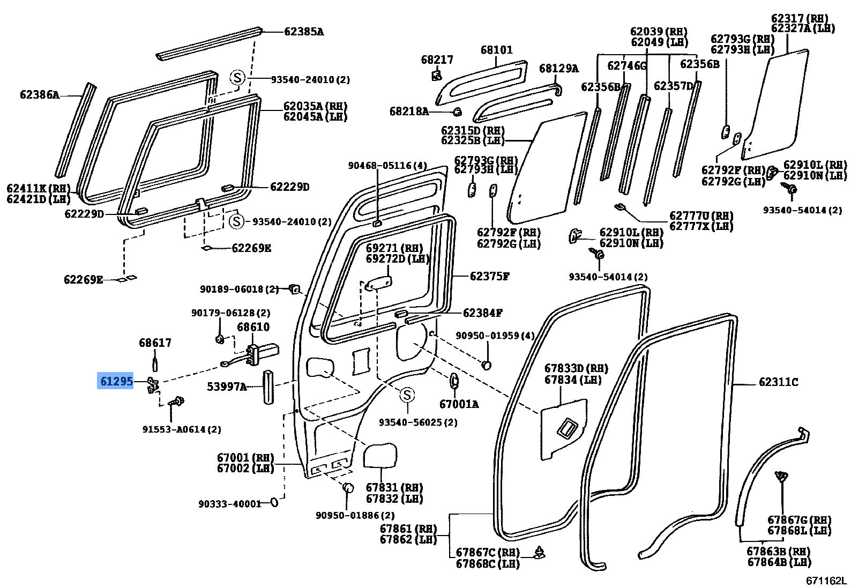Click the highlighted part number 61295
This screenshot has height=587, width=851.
pos(115,381)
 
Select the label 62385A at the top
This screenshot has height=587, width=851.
pos(303,32)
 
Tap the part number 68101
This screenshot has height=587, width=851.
pos(496,50)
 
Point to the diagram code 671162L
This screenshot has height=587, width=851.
pos(826,581)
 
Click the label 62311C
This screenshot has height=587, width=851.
pos(778,382)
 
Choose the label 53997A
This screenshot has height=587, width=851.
pos(227,386)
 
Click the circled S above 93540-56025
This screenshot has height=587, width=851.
pos(407,395)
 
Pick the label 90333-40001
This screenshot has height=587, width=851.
pos(229,504)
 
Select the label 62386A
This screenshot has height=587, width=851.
pos(40,95)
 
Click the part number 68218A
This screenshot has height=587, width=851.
pos(409,112)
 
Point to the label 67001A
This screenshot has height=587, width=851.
pos(459,404)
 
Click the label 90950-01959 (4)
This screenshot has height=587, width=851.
pos(495,336)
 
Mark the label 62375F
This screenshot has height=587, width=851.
pos(489,277)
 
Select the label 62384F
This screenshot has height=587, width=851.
pos(482,313)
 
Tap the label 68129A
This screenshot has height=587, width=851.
pos(558,69)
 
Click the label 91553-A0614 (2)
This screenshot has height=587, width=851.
pos(182,429)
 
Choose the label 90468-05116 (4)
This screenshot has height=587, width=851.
pos(387,166)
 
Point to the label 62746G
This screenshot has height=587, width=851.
pos(627,66)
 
